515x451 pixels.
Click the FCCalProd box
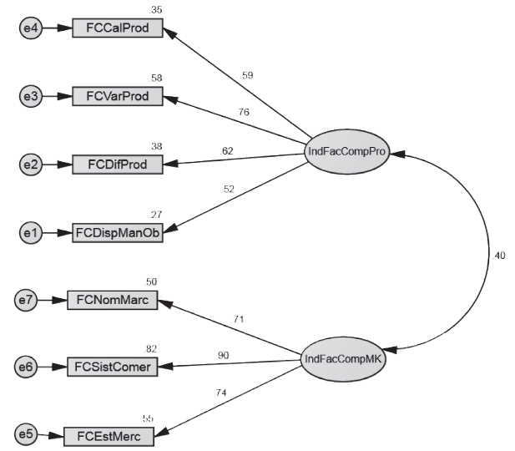118,28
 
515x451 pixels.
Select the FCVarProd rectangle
118,97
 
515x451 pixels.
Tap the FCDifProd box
116,165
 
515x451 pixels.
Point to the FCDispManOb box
117,233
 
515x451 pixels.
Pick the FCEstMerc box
111,435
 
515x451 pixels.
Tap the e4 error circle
31,28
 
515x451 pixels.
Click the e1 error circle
31,234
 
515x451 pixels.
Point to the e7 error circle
25,300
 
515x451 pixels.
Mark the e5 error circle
25,435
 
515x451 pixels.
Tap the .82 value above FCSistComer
151,348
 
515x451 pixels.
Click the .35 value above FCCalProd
156,10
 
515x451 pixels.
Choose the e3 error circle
31,97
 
